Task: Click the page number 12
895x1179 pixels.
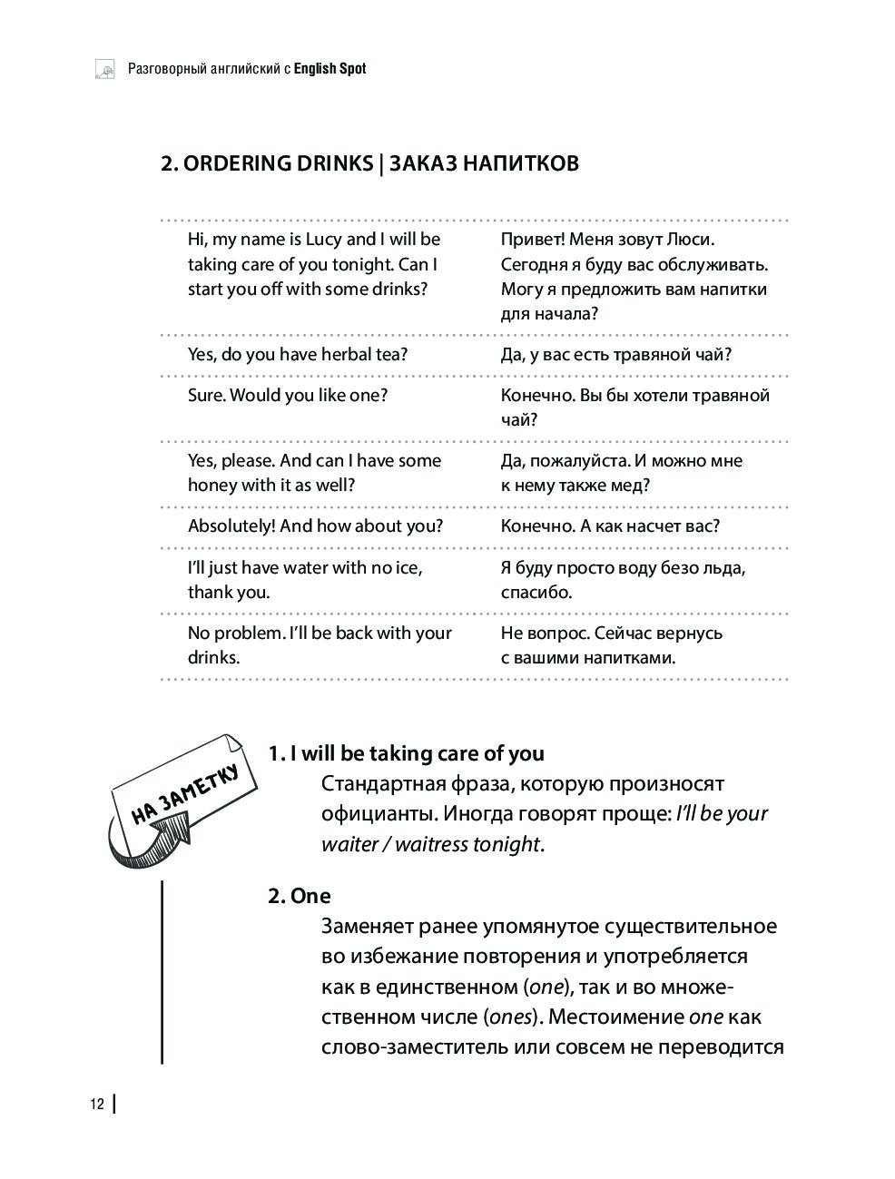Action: (96, 1105)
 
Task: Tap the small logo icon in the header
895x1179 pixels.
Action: (104, 70)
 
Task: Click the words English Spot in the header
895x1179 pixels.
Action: (331, 68)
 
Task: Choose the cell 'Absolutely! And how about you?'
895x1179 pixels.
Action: (315, 526)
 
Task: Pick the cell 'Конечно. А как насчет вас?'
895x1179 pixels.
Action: (610, 526)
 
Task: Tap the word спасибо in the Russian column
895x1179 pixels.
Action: (536, 593)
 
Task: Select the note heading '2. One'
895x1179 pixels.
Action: (300, 896)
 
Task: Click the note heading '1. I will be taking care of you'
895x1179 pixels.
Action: (406, 753)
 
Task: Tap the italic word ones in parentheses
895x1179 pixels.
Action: (509, 1017)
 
